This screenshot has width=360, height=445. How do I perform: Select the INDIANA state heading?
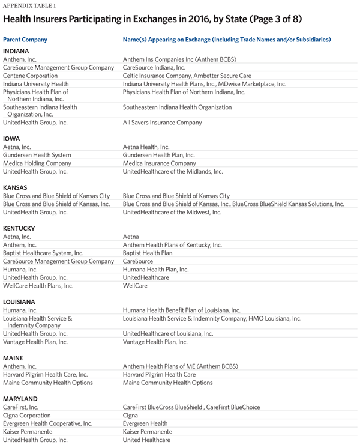[x=16, y=51]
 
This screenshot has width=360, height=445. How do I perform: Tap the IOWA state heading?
[x=11, y=138]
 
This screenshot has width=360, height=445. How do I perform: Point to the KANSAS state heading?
[x=16, y=187]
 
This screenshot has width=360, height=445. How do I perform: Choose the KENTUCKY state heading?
[x=19, y=228]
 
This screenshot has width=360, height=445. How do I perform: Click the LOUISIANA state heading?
[x=19, y=301]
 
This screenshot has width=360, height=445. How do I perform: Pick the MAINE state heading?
[x=13, y=358]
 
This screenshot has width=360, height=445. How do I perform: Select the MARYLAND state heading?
[x=20, y=399]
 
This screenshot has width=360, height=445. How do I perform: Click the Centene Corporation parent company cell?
[x=31, y=76]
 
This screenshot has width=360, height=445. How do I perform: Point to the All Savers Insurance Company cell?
[x=162, y=123]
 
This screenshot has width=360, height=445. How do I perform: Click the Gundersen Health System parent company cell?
[x=37, y=155]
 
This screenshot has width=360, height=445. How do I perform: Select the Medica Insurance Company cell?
[x=159, y=163]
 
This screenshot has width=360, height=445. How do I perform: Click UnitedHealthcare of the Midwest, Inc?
[x=172, y=212]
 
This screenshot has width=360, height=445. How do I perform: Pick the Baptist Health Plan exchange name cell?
[x=148, y=253]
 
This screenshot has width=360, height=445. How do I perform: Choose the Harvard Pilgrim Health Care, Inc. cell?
[x=47, y=375]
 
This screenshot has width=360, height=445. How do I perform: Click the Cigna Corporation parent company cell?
[x=27, y=416]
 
